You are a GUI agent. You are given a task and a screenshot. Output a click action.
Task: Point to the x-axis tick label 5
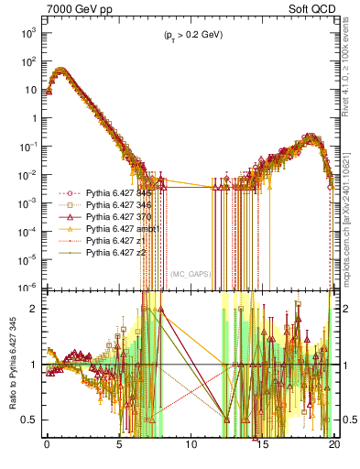119,451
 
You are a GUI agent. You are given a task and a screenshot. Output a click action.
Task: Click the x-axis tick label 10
191,451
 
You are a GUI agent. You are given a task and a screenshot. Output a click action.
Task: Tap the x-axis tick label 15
263,451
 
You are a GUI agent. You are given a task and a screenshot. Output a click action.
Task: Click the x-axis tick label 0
47,451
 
